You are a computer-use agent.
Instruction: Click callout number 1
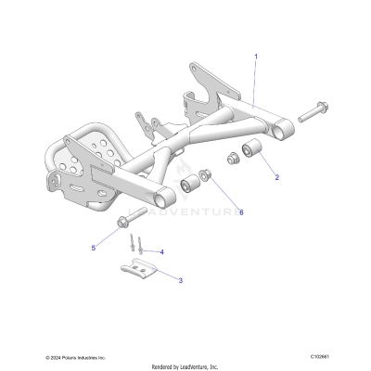tap(255, 57)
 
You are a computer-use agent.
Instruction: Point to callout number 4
tap(161, 251)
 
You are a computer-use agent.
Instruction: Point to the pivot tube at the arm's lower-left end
tap(165, 195)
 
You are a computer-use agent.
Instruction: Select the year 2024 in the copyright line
tap(56, 355)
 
